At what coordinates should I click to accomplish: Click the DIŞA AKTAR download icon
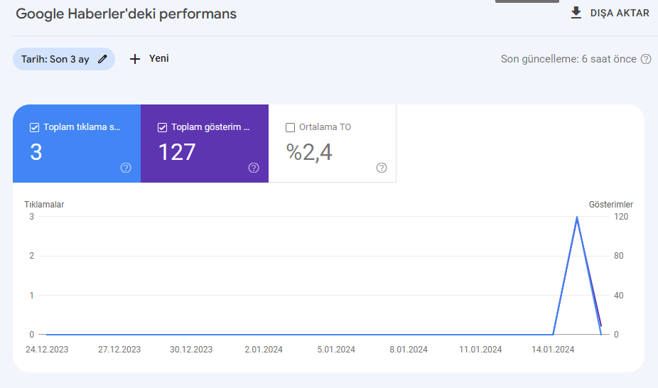point(576,13)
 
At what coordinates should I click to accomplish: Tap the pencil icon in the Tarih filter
point(102,59)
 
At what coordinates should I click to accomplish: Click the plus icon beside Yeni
point(135,59)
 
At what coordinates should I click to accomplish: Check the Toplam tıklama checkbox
point(34,127)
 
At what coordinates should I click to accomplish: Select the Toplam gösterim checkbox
point(163,127)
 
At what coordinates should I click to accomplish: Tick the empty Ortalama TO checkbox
point(290,127)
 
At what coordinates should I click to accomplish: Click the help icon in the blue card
point(126,168)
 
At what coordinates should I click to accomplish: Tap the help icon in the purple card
point(254,168)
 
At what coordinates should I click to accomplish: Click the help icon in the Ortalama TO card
point(382,168)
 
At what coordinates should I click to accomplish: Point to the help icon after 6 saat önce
point(646,59)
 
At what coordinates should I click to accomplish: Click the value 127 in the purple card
point(177,152)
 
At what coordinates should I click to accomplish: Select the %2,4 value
point(309,152)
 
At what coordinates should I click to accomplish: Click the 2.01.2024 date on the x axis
point(264,350)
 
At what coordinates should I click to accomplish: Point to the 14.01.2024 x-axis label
point(553,350)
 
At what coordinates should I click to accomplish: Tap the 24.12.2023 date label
point(47,350)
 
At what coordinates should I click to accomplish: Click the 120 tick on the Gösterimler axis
point(621,217)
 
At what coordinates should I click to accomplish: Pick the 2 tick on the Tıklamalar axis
point(31,256)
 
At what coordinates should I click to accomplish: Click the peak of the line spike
point(577,217)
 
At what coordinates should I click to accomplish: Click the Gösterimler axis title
point(610,205)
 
